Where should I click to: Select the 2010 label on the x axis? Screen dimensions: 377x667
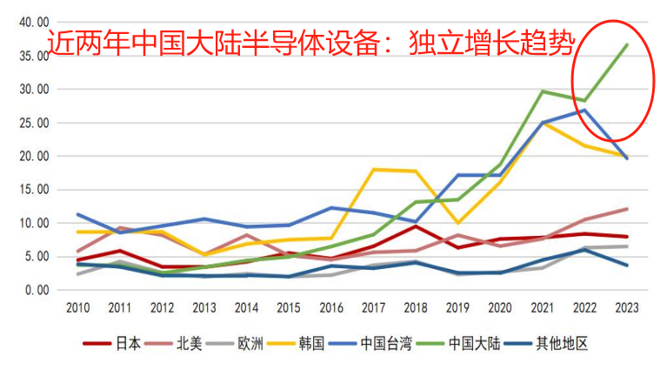tap(78, 307)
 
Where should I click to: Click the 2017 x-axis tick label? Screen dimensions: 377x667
tap(374, 307)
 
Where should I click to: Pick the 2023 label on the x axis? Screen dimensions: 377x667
tap(627, 307)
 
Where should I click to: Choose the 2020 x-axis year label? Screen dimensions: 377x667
tap(500, 307)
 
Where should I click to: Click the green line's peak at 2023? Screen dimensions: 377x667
tap(627, 44)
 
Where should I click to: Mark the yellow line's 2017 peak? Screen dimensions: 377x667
tap(374, 169)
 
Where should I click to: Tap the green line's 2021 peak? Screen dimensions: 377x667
tap(543, 91)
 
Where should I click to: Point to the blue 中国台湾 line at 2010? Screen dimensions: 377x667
tap(78, 214)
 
